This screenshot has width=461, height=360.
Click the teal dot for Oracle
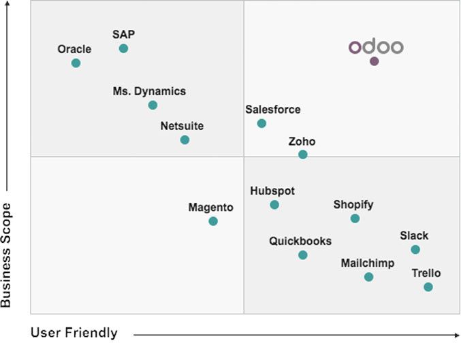(76, 63)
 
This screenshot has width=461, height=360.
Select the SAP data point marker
(123, 48)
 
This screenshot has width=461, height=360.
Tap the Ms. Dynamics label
(149, 91)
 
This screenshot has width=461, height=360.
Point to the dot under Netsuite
(185, 140)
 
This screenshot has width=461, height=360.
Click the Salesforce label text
(272, 110)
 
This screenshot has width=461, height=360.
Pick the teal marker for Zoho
(303, 154)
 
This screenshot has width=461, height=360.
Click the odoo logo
(376, 47)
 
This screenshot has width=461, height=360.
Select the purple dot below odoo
(374, 61)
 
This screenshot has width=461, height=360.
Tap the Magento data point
(213, 221)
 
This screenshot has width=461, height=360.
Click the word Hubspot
(272, 191)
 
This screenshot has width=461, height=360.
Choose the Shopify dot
(355, 218)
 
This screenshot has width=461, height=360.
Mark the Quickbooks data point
(303, 255)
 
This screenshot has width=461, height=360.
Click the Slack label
(414, 236)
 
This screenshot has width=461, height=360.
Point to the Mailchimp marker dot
(368, 277)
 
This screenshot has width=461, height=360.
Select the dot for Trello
(428, 287)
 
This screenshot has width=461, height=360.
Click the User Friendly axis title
(74, 333)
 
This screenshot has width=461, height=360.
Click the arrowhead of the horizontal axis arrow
(457, 334)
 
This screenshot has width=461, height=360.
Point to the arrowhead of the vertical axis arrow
(7, 5)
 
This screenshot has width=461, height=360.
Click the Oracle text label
(74, 49)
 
